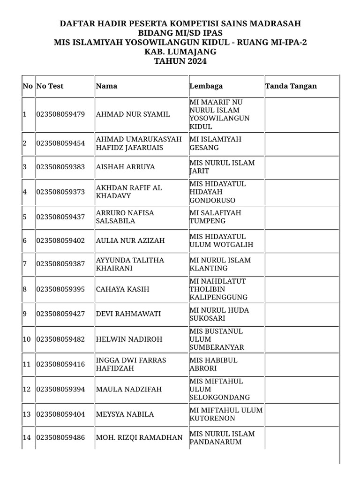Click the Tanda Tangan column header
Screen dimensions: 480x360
(x=291, y=86)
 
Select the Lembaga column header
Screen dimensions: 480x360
(x=206, y=86)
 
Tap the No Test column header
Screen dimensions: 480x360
(x=50, y=86)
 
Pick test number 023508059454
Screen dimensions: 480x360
(x=60, y=143)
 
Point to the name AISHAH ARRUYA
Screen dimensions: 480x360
(x=125, y=167)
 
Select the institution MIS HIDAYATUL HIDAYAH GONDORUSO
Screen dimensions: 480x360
(x=217, y=192)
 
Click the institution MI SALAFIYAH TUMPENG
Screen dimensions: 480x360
(x=215, y=217)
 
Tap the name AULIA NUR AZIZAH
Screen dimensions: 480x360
(x=130, y=240)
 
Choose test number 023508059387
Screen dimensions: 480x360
(x=60, y=264)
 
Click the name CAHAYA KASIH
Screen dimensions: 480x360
(x=122, y=289)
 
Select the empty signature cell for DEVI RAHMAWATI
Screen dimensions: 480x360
(x=301, y=314)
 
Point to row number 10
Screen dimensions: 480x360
(x=27, y=339)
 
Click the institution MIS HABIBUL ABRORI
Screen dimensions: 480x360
(x=213, y=364)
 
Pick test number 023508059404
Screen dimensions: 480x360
(x=60, y=414)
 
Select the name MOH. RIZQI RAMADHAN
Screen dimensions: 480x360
(x=139, y=437)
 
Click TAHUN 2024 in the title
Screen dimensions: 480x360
(x=180, y=61)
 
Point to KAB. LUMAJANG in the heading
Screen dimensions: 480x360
(x=180, y=52)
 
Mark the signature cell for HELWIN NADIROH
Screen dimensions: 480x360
(x=301, y=339)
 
